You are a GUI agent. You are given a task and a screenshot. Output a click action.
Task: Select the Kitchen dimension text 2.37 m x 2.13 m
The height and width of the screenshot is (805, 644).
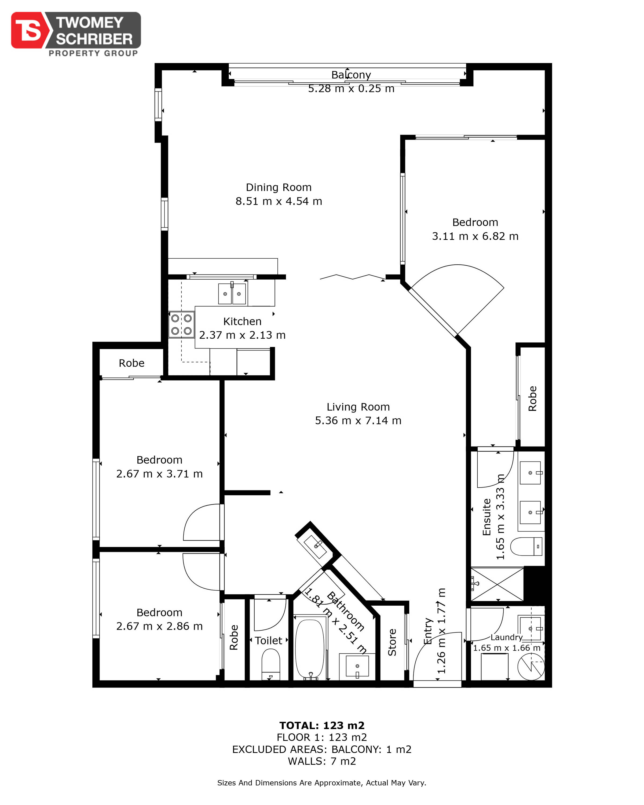pyautogui.click(x=242, y=335)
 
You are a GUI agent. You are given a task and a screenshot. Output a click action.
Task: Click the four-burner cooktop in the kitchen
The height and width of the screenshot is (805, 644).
pyautogui.click(x=181, y=324)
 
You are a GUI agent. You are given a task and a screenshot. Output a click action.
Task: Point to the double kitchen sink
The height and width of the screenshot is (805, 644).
pyautogui.click(x=232, y=294)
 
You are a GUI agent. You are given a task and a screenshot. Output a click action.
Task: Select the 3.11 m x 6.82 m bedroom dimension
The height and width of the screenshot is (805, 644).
pyautogui.click(x=475, y=236)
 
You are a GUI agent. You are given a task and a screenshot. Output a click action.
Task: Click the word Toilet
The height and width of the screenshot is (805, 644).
pyautogui.click(x=268, y=640)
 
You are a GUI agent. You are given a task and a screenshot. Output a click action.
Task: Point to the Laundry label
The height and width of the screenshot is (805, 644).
pyautogui.click(x=506, y=637)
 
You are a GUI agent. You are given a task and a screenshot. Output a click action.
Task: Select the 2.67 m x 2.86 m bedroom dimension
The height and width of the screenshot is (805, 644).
pyautogui.click(x=159, y=626)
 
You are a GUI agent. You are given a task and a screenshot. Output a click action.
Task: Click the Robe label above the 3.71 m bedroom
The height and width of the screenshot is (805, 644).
pyautogui.click(x=131, y=363)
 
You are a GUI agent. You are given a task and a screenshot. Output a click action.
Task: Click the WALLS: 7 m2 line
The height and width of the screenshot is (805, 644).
pyautogui.click(x=322, y=761)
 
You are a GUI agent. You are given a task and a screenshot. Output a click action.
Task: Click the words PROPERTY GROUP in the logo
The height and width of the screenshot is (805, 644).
pyautogui.click(x=93, y=53)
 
